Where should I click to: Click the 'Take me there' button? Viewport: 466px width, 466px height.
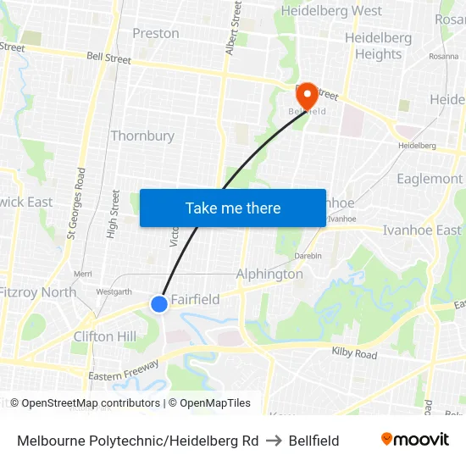pyautogui.click(x=233, y=208)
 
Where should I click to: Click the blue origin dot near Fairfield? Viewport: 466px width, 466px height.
pyautogui.click(x=159, y=303)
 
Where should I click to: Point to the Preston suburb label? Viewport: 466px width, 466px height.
pyautogui.click(x=156, y=33)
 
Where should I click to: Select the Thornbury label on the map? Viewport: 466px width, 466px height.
pyautogui.click(x=142, y=136)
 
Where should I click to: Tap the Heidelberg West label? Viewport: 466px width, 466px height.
pyautogui.click(x=331, y=11)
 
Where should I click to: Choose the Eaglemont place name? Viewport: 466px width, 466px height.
pyautogui.click(x=430, y=179)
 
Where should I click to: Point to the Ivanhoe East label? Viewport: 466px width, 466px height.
pyautogui.click(x=422, y=230)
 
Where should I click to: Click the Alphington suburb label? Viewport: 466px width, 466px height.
pyautogui.click(x=269, y=274)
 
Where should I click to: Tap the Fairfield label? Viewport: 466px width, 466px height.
pyautogui.click(x=196, y=299)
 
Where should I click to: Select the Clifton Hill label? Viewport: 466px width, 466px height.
pyautogui.click(x=105, y=336)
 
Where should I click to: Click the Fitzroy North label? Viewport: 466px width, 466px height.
pyautogui.click(x=38, y=292)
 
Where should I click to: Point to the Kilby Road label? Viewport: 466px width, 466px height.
pyautogui.click(x=354, y=353)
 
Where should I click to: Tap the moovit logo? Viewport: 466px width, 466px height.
pyautogui.click(x=414, y=440)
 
